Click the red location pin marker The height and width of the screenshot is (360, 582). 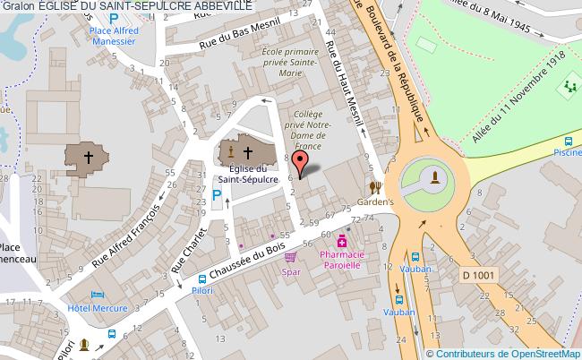(302, 162)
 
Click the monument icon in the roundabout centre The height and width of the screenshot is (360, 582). (433, 176)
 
